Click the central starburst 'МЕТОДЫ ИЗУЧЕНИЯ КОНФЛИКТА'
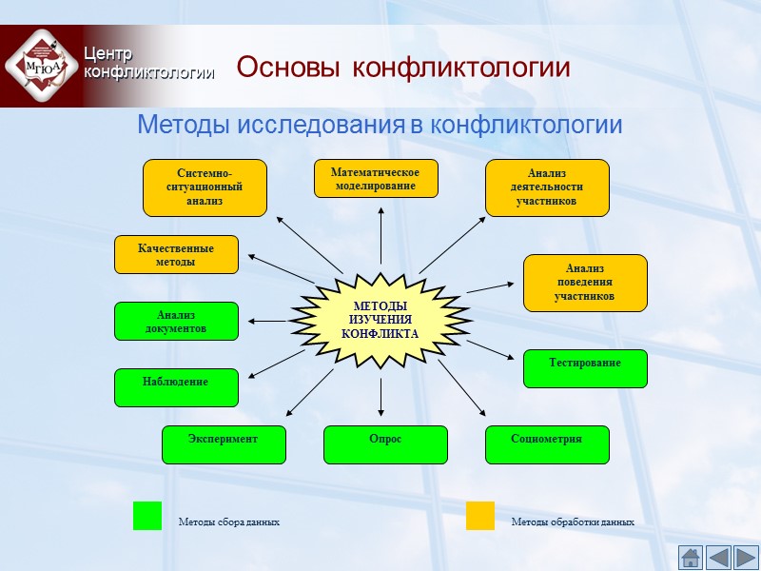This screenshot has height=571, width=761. (380, 320)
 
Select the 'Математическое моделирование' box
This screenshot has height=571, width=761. (376, 179)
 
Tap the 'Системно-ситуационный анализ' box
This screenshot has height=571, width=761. (205, 187)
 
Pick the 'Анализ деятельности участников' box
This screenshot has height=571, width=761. (547, 187)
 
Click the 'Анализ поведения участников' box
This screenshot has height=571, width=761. (585, 283)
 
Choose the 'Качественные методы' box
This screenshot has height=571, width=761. (176, 255)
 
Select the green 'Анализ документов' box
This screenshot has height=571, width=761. (176, 322)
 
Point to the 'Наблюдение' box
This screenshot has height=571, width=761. (176, 387)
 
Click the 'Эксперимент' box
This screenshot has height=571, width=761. (224, 444)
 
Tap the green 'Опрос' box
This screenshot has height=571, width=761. (385, 444)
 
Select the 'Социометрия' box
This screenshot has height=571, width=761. (547, 444)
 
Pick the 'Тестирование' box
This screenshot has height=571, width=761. (585, 368)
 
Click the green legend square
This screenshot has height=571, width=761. (147, 516)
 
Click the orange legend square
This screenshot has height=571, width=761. (480, 516)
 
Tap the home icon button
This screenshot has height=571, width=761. (690, 558)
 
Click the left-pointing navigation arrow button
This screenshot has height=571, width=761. (718, 558)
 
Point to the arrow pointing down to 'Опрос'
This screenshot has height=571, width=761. (380, 398)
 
